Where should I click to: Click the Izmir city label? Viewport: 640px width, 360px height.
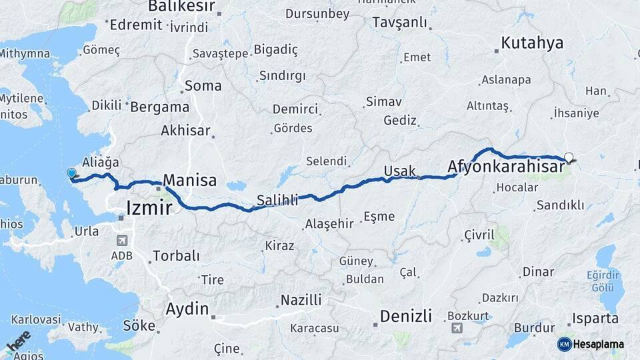149,209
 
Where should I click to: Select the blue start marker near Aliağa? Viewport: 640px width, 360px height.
72,173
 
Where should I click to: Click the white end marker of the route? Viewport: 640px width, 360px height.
569,158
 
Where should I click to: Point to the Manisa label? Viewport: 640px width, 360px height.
190,180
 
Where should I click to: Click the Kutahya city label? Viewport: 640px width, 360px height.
532,43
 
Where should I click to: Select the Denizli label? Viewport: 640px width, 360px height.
406,315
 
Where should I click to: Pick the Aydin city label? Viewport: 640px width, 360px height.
187,309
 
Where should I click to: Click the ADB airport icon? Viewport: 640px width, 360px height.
122,241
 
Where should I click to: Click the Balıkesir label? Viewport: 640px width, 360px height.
181,7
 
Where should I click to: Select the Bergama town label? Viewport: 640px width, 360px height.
160,107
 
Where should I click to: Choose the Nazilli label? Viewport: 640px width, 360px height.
301,299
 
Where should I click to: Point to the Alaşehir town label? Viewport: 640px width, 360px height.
329,224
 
